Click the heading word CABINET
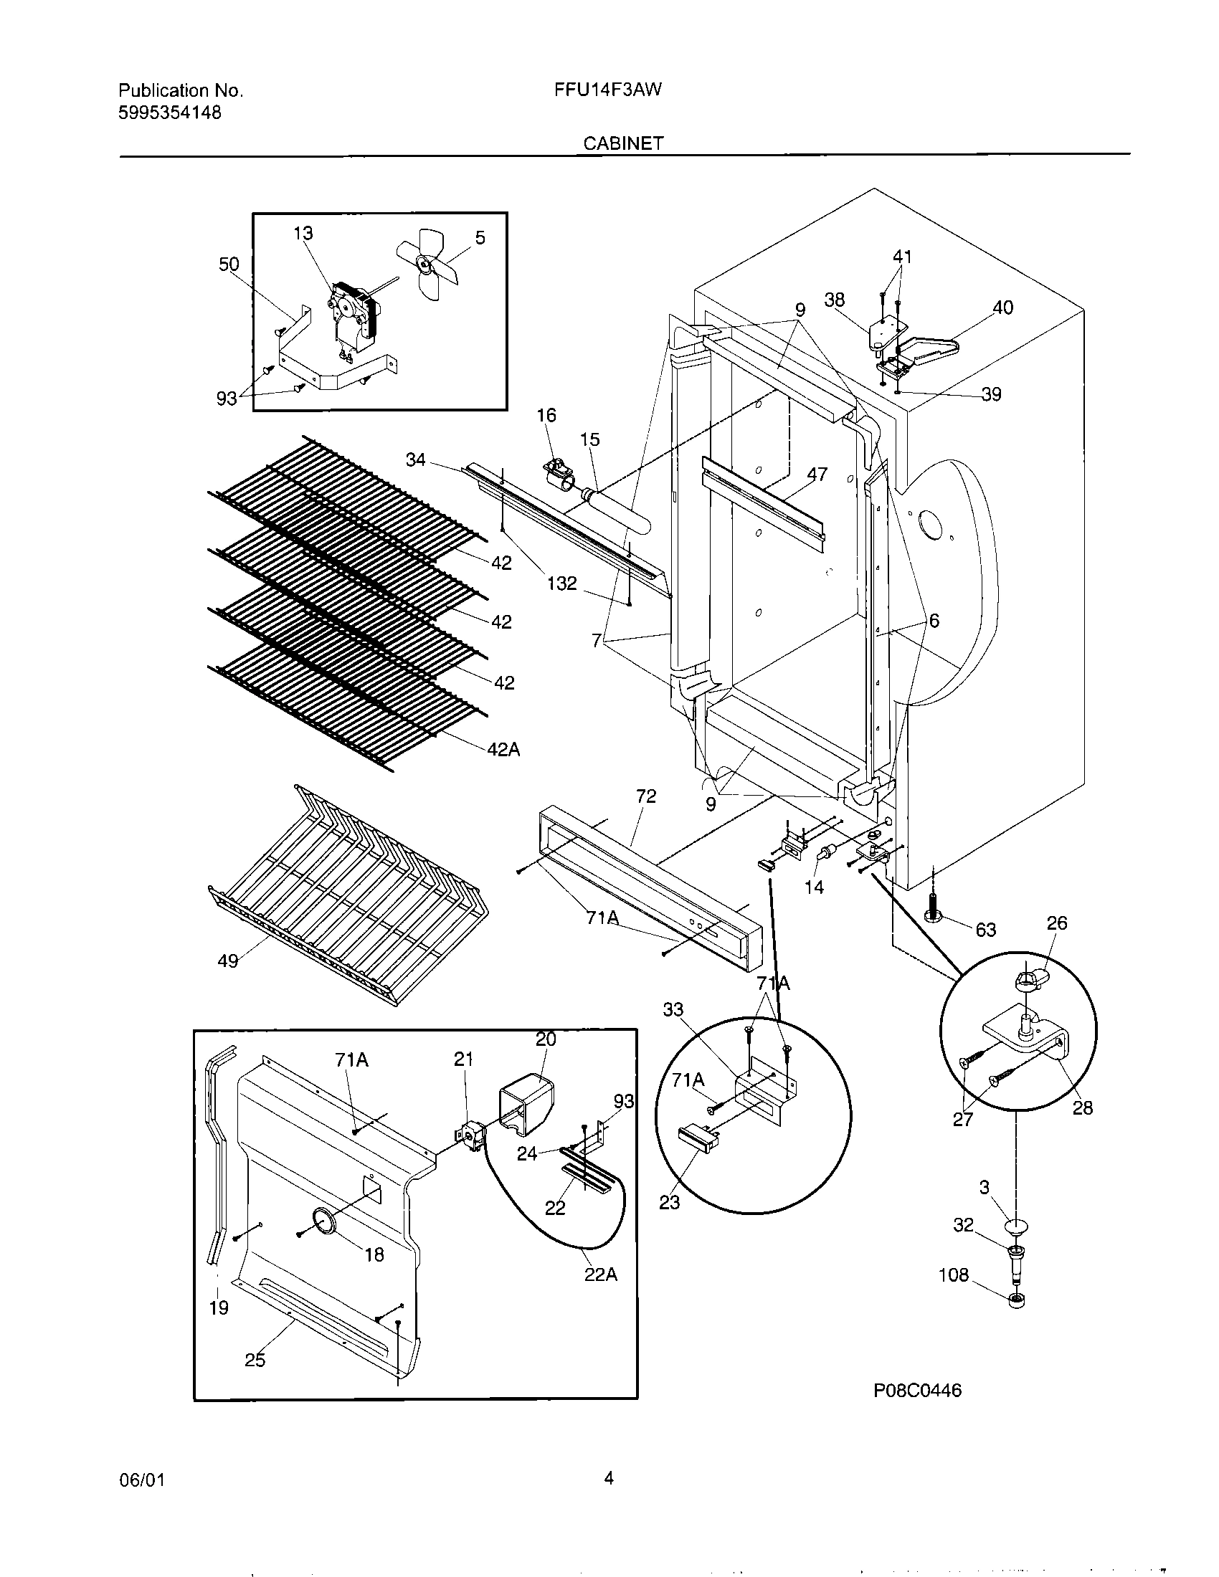tap(623, 143)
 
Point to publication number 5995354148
tap(170, 113)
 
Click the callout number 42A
tap(503, 750)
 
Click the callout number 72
tap(645, 796)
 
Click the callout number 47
tap(817, 475)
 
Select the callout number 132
tap(561, 583)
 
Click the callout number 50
tap(229, 265)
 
